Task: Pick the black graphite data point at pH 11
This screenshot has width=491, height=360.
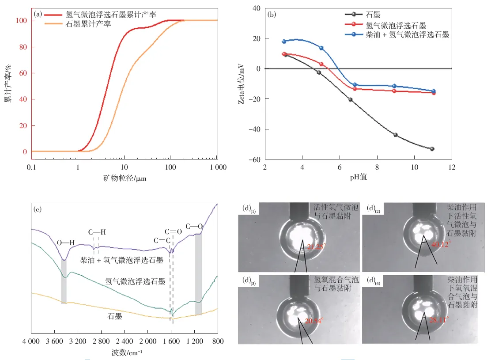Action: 432,149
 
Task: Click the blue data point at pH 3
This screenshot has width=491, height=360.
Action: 284,42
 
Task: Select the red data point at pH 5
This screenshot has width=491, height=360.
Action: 321,64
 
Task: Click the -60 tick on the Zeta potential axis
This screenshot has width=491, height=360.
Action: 255,159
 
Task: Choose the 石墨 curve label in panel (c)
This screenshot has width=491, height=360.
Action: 115,316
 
